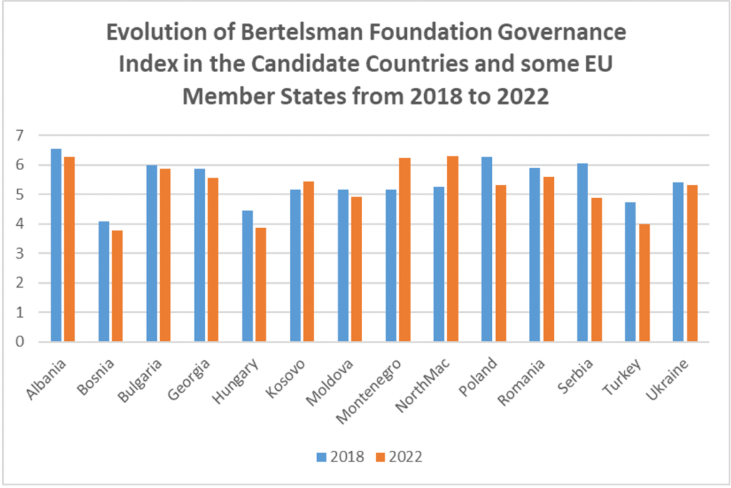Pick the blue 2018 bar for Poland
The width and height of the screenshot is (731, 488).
pos(487,249)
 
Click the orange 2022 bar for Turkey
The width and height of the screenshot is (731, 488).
pos(643,283)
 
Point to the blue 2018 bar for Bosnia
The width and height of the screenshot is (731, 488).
pos(104,282)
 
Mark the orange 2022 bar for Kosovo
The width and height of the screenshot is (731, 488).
pos(308,262)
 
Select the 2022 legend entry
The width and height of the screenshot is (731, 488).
pos(397,457)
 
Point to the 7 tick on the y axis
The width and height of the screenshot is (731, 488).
pos(19,135)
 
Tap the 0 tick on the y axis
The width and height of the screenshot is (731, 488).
pos(19,342)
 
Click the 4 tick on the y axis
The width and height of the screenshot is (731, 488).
pos(19,224)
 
